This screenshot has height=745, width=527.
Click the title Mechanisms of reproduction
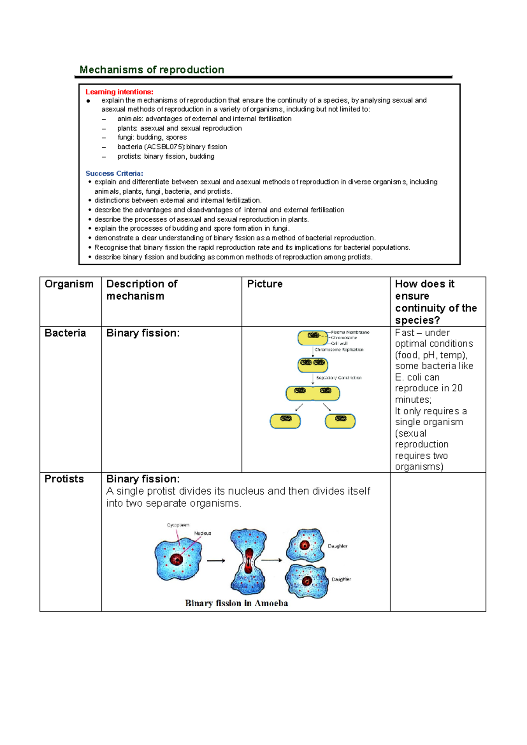(x=152, y=70)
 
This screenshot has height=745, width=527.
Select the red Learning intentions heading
(x=119, y=92)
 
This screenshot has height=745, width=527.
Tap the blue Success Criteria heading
(x=114, y=174)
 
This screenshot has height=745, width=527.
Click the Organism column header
(x=69, y=284)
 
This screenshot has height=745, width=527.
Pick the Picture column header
(x=265, y=284)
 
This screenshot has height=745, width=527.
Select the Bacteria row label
(x=65, y=333)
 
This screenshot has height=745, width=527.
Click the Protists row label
(x=64, y=479)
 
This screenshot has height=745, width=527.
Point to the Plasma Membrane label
(x=350, y=333)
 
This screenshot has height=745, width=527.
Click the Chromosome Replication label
(x=339, y=350)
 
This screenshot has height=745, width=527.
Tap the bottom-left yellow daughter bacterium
(x=285, y=421)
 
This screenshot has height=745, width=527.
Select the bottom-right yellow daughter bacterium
(x=340, y=421)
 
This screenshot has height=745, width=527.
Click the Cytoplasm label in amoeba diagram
(x=178, y=525)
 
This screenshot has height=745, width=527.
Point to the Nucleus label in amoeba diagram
(x=202, y=533)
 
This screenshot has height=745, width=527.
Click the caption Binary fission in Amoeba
(x=236, y=603)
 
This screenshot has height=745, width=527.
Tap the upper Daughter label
(x=337, y=546)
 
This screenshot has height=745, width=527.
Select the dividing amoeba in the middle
(x=249, y=561)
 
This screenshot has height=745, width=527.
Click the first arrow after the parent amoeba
(x=216, y=561)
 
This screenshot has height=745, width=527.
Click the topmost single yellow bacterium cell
(x=313, y=338)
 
